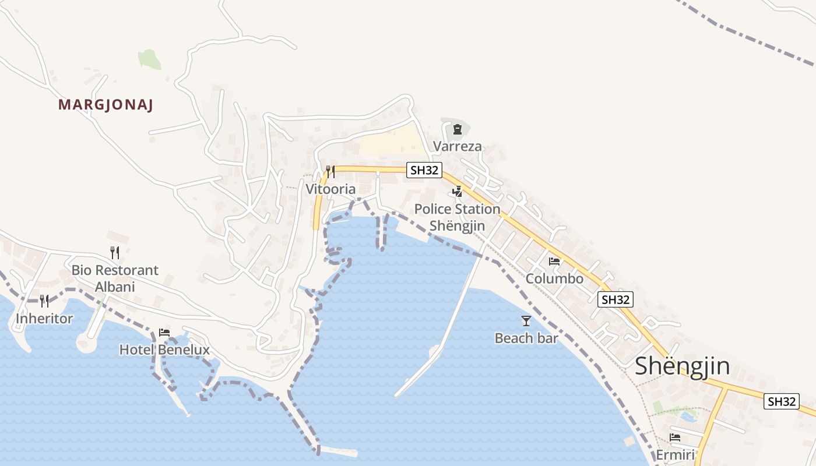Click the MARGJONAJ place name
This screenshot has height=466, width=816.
click(105, 105)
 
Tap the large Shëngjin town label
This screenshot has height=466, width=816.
click(682, 366)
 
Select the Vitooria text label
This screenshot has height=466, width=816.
click(330, 189)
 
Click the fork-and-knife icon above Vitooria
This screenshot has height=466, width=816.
click(330, 171)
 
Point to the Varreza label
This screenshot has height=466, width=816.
click(458, 146)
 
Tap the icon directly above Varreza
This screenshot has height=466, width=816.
click(458, 129)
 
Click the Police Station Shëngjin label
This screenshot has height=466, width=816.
click(458, 217)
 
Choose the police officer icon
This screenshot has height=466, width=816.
click(458, 191)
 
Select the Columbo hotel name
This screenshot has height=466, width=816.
click(554, 278)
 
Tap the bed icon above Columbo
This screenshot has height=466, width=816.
click(554, 261)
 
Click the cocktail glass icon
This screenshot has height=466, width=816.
click(526, 321)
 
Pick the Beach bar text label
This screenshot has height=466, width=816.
click(526, 338)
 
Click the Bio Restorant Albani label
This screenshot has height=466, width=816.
click(115, 278)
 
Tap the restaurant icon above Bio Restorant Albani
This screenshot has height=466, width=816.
click(115, 252)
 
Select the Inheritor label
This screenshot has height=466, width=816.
click(44, 319)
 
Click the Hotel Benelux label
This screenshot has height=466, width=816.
click(164, 349)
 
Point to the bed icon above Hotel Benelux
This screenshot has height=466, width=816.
click(164, 333)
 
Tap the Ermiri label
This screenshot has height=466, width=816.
click(675, 454)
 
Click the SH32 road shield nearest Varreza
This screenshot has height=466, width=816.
click(425, 170)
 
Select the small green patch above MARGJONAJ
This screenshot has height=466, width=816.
click(149, 59)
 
